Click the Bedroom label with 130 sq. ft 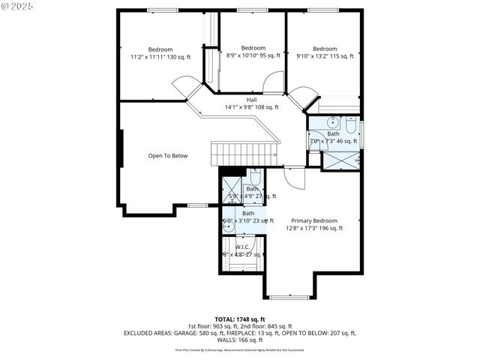[x=160, y=53]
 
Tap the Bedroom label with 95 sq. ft [x=253, y=52]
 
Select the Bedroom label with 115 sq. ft [x=325, y=52]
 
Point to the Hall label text [x=251, y=103]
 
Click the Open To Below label [x=167, y=156]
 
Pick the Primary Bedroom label [x=314, y=224]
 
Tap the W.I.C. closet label [x=242, y=250]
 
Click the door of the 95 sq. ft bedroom [x=274, y=82]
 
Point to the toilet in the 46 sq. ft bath [x=350, y=124]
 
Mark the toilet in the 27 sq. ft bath [x=254, y=179]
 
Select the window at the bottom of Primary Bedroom [x=289, y=297]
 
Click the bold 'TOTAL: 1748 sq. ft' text [x=240, y=319]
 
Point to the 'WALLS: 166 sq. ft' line [x=240, y=340]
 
